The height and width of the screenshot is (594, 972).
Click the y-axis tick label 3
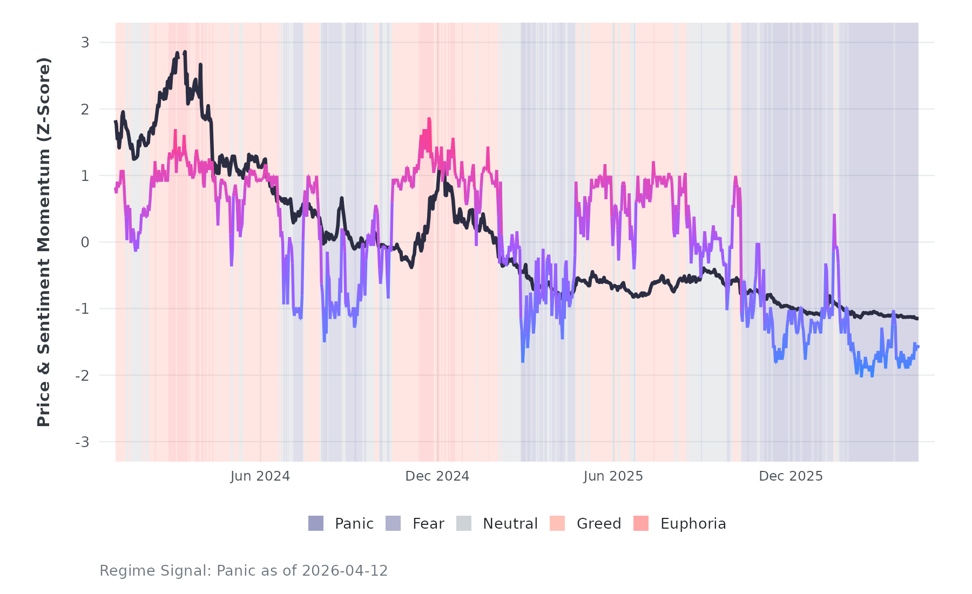[85, 43]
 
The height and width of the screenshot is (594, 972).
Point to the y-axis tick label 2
[85, 109]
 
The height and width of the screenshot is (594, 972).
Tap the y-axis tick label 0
[85, 242]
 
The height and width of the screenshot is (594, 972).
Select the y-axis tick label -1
[82, 309]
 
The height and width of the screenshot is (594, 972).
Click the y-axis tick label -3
[82, 442]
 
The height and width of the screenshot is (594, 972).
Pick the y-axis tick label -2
[82, 375]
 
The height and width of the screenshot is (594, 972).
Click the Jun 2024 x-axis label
[260, 476]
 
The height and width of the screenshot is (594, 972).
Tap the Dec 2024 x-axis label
[437, 476]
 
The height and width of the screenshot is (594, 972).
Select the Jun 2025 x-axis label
[613, 476]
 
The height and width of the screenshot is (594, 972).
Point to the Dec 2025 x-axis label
[791, 476]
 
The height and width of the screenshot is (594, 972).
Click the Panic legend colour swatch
[316, 523]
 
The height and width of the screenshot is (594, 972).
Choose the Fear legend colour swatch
[393, 523]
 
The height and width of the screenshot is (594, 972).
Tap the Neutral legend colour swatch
[464, 523]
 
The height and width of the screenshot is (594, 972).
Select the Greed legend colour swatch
[557, 523]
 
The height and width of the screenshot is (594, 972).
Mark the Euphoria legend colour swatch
[641, 523]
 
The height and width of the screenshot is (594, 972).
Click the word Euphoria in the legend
[693, 524]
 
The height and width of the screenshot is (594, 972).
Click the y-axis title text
[44, 242]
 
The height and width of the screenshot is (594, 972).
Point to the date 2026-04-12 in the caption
[345, 571]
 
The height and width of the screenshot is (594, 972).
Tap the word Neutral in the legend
[510, 524]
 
